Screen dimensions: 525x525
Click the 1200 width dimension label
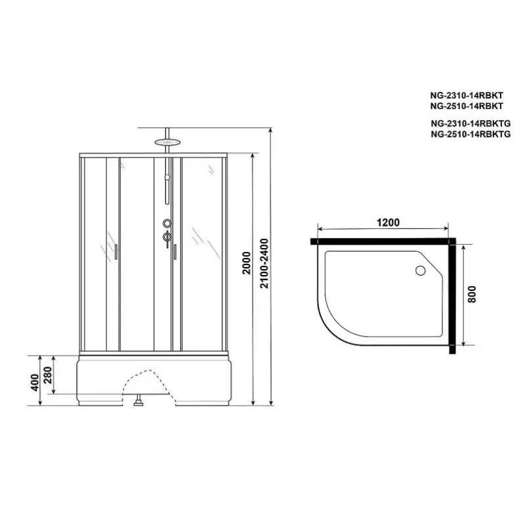[x=388, y=222]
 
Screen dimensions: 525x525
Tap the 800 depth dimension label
[x=471, y=294]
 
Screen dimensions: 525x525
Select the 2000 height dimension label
[x=247, y=263]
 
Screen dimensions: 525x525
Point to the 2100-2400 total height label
[x=264, y=264]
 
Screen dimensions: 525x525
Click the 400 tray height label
[x=35, y=383]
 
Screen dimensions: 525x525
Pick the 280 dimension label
[x=47, y=375]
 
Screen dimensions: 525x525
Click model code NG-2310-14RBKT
[x=467, y=95]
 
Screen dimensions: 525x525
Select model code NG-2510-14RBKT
[x=467, y=106]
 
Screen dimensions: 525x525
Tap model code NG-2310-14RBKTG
[x=471, y=123]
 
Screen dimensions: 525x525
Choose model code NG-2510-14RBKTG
[x=471, y=135]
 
